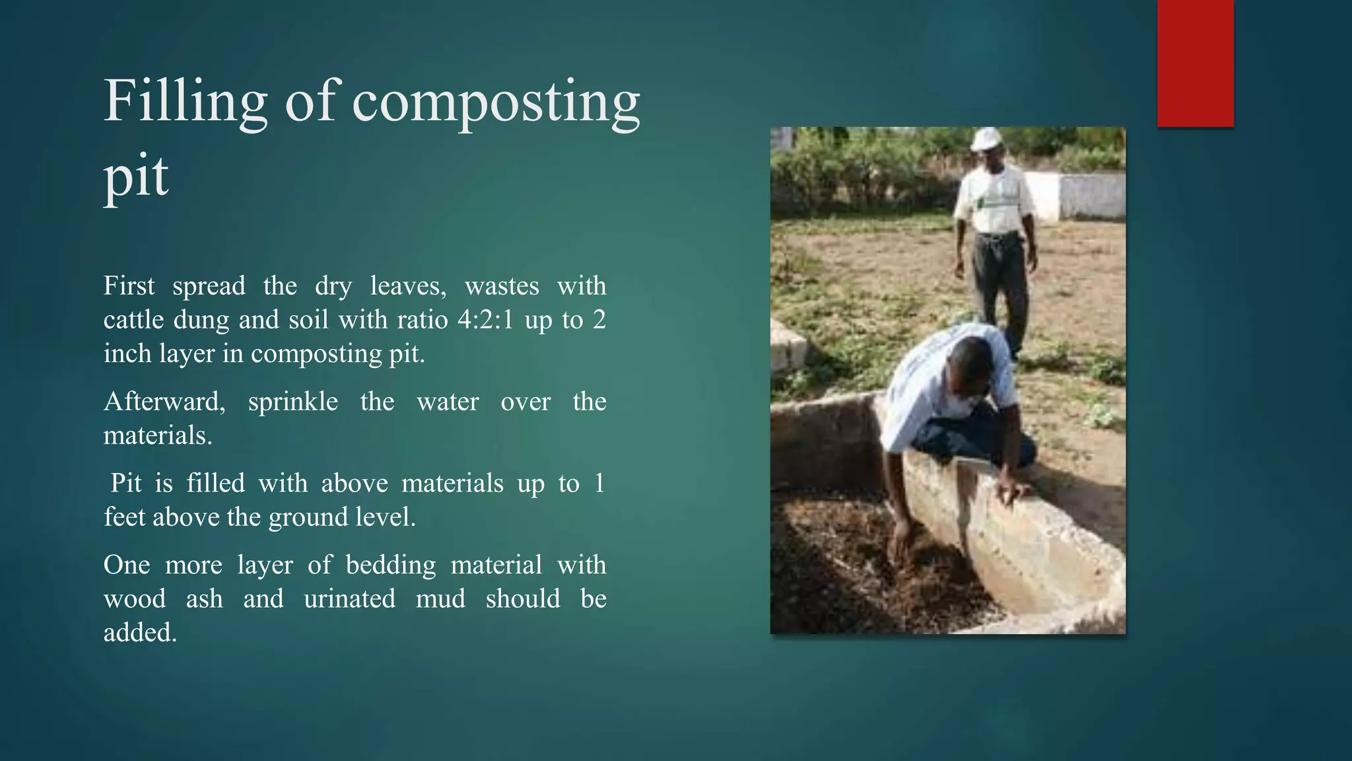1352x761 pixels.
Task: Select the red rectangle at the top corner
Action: coord(1195,63)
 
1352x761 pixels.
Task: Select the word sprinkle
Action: coord(292,402)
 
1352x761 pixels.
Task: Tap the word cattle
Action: coord(133,320)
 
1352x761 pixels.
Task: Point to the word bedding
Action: coord(390,565)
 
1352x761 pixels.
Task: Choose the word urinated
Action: coord(349,599)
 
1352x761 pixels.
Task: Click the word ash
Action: coord(204,599)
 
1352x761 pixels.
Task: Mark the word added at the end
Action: coord(139,633)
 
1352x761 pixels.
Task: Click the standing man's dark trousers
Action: coord(1000,277)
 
